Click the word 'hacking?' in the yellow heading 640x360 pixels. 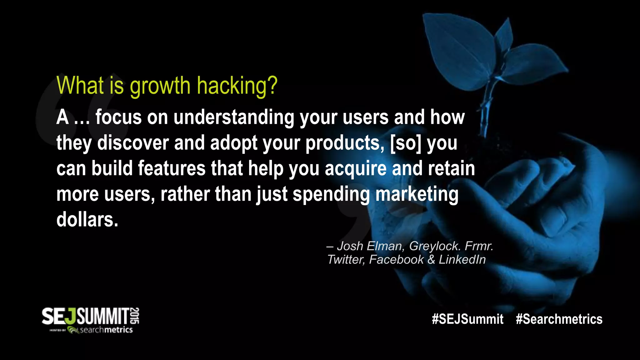pos(237,86)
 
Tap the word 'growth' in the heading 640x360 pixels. pos(160,86)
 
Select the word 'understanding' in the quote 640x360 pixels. pos(234,117)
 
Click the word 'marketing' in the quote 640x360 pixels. pos(417,194)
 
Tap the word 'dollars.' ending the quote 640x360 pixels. pos(87,220)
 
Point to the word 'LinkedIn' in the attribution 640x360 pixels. pos(462,260)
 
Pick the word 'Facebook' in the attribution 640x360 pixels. pos(396,260)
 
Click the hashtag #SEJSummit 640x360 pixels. pos(467,319)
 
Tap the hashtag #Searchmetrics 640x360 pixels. pos(559,319)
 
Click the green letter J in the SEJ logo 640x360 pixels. pos(71,317)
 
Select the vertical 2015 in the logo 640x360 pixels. pos(135,316)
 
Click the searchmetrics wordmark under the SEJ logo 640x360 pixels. pos(106,330)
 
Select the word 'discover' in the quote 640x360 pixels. pos(133,143)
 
